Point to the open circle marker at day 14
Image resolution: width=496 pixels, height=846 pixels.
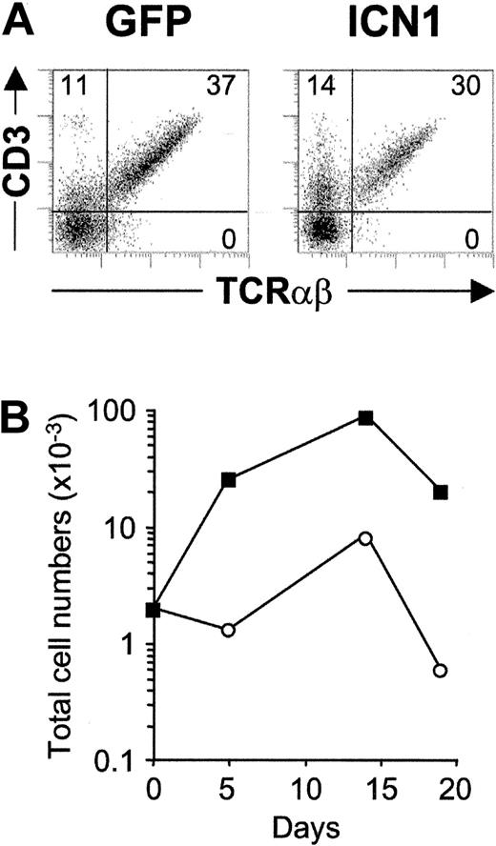[x=365, y=538]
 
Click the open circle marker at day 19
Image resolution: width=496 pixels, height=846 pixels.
[x=440, y=671]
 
